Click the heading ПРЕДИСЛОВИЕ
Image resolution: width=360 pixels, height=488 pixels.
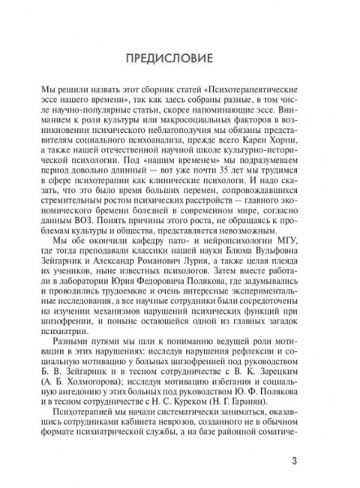(x=180, y=58)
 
